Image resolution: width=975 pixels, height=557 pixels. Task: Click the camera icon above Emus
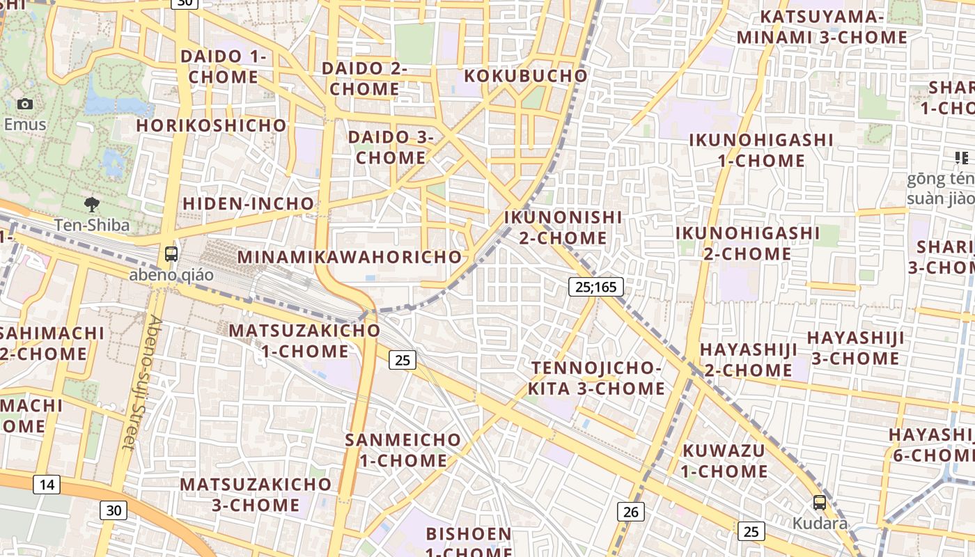coord(25,104)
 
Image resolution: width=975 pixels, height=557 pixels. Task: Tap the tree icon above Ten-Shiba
coord(91,205)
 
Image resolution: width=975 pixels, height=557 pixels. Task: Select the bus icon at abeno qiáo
coord(171,254)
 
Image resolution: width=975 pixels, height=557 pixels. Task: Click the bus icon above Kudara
coord(820,502)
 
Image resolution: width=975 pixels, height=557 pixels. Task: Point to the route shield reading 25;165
coord(595,286)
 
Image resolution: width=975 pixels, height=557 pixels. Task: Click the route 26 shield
coord(630,512)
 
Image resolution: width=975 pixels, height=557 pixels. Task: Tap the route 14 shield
coord(46,484)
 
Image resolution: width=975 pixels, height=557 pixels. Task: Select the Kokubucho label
coord(526,75)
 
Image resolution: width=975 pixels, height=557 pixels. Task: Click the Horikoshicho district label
coord(211,125)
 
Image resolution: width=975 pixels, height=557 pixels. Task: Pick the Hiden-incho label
coord(248,203)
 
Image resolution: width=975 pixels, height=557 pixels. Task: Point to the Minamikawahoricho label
coord(350,256)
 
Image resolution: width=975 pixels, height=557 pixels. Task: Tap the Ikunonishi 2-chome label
coord(563,228)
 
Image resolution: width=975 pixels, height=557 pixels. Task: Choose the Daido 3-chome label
coord(391,147)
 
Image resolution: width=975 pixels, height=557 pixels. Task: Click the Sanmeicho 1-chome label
coord(403,450)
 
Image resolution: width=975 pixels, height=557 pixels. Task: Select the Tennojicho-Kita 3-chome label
coord(596,378)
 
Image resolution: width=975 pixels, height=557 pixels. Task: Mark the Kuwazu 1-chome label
coord(724,461)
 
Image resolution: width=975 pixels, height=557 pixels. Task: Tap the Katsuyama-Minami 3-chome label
coord(822,26)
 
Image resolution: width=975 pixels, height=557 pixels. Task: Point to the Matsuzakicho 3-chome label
coord(256,494)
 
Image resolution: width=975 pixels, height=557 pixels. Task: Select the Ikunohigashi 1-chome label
coord(761,150)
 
